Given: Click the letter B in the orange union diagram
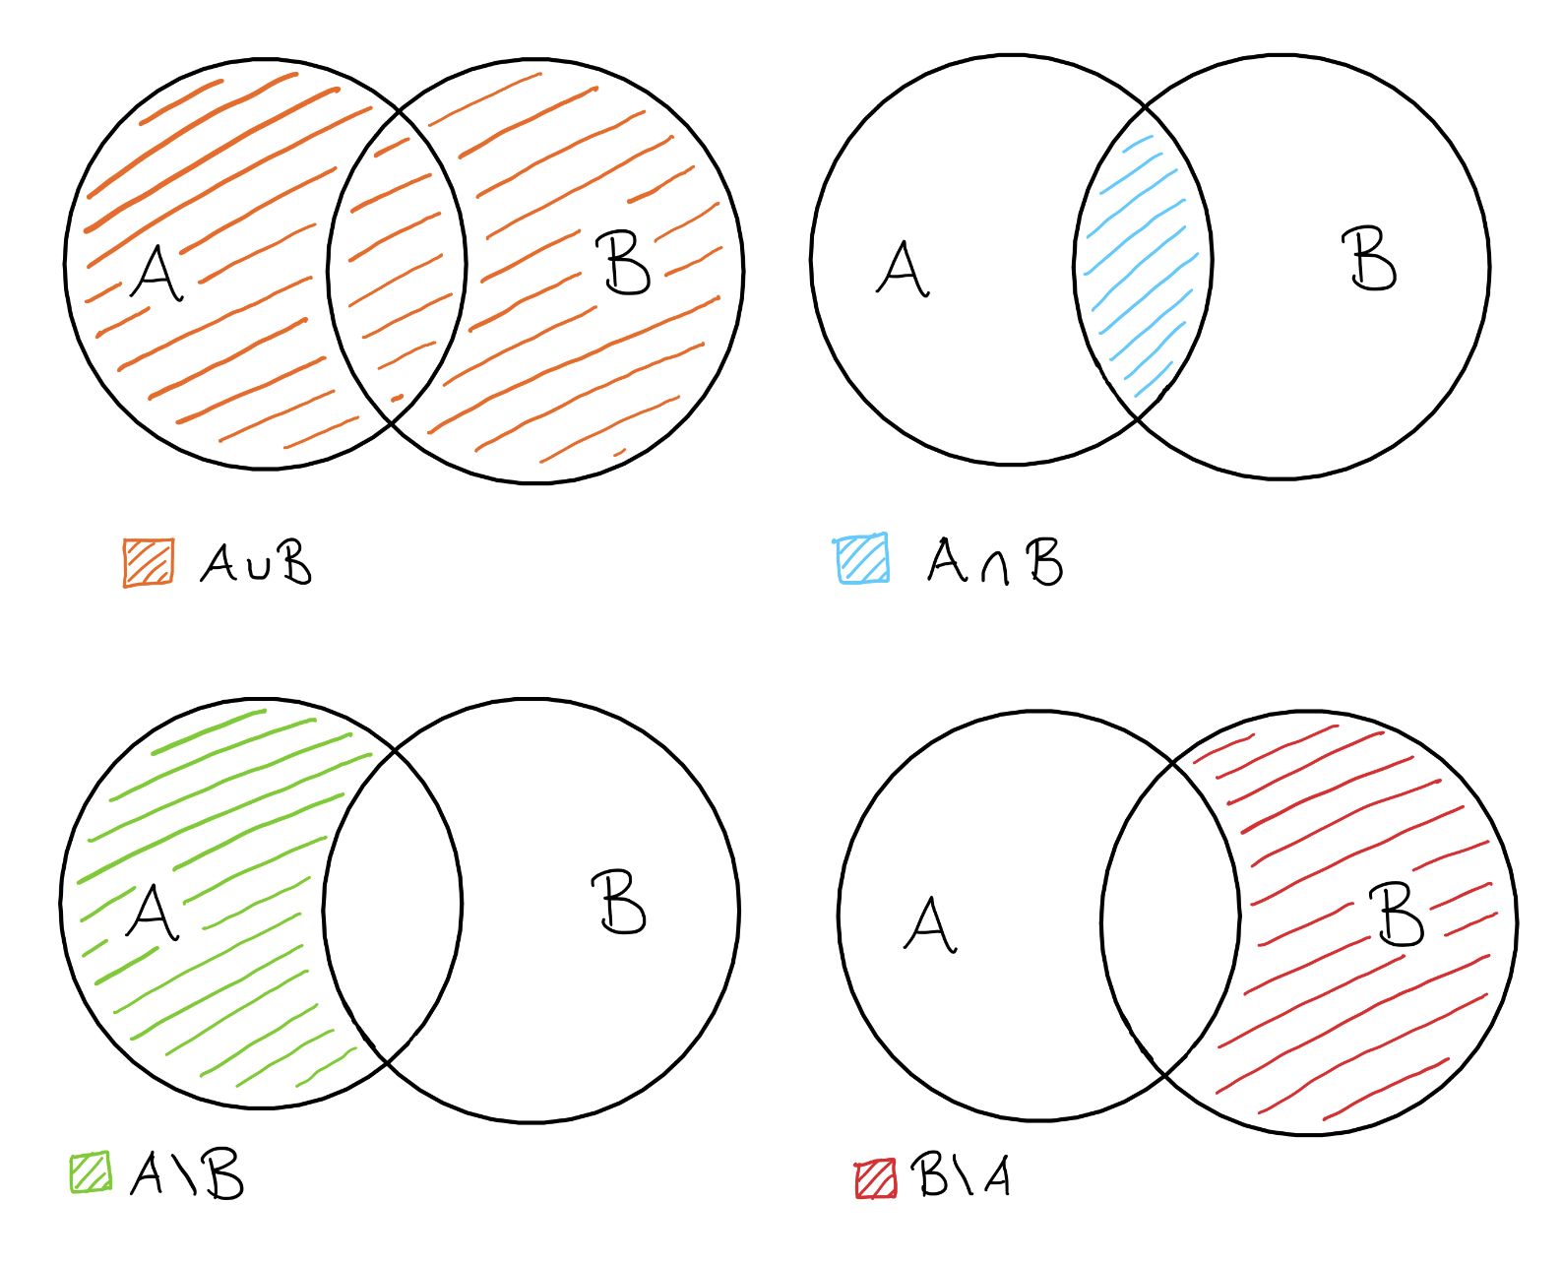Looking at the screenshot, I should point(626,264).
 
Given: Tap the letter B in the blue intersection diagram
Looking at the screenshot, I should point(1372,259).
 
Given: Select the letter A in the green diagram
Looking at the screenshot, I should point(153,913).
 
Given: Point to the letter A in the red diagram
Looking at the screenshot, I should point(930,924).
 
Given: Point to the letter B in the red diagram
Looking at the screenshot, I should point(1400,915).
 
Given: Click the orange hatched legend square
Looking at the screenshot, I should point(149,563).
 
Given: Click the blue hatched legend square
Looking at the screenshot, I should point(863,559).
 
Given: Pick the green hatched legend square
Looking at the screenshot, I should point(91,1172).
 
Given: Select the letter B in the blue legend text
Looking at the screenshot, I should point(1043,562).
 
